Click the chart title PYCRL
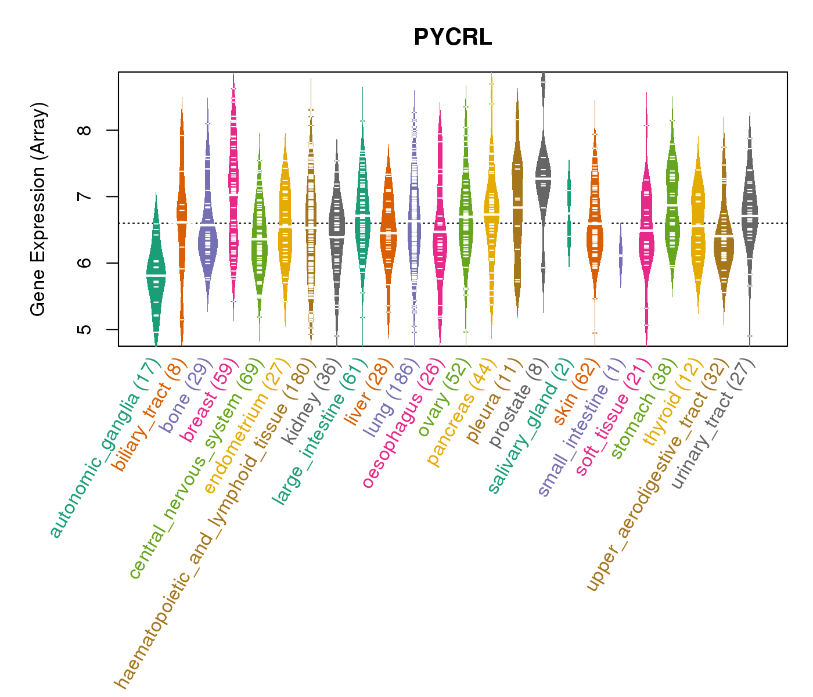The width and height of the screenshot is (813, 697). point(452,38)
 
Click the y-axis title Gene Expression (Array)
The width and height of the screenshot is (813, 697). point(38,209)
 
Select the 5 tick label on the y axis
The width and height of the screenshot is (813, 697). point(85,329)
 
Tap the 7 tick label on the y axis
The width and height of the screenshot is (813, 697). point(85,197)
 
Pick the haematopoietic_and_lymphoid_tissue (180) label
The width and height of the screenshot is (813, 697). point(214,523)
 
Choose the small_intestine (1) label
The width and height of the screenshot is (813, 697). point(581,427)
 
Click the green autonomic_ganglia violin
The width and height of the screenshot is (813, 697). point(156,273)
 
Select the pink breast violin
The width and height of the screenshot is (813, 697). point(233,192)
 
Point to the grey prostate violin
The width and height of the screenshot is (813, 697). point(544,174)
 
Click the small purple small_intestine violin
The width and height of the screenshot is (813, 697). point(621,256)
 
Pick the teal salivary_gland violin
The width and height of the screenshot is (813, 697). point(569,215)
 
